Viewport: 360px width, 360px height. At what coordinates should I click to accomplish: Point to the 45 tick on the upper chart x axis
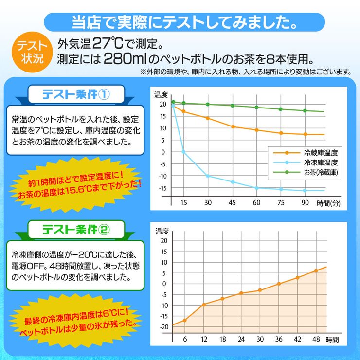(x=233, y=203)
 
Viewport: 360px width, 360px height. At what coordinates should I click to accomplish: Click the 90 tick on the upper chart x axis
(x=305, y=203)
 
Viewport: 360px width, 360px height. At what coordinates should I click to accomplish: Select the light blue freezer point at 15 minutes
(x=183, y=152)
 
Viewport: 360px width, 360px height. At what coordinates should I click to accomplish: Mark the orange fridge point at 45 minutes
(x=233, y=126)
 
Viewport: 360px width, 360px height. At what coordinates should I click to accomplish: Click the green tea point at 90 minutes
(x=305, y=110)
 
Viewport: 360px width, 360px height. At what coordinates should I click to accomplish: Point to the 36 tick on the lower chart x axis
(x=279, y=339)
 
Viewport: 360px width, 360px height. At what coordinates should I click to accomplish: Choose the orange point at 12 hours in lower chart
(x=203, y=305)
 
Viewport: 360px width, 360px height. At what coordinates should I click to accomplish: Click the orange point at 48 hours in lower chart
(x=316, y=270)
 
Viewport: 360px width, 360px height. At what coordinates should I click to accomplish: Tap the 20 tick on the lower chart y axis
(x=163, y=241)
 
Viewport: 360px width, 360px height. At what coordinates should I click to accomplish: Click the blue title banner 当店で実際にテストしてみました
(x=185, y=22)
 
